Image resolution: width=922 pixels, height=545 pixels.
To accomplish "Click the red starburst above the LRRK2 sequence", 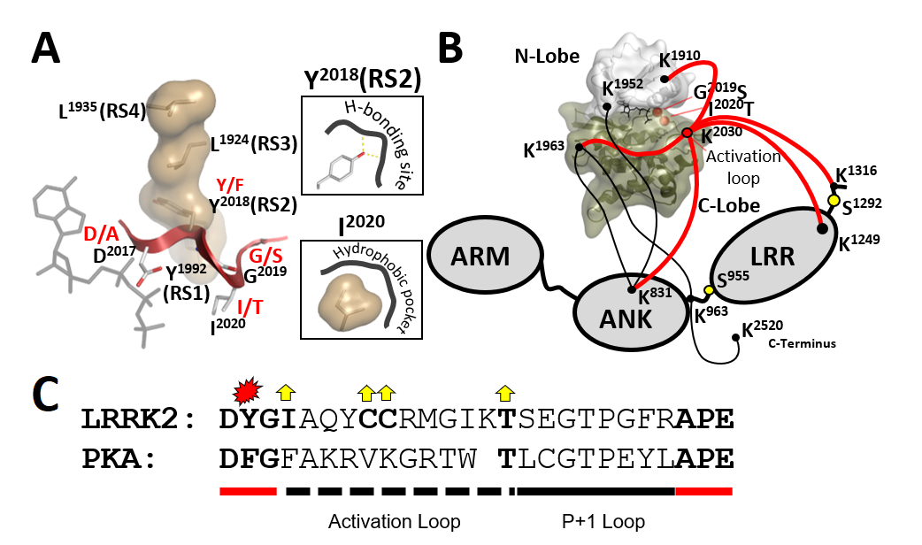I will coord(246,388).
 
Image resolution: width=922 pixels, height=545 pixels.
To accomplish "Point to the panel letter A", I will coord(46,49).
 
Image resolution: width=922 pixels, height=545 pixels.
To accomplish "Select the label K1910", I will coord(680,60).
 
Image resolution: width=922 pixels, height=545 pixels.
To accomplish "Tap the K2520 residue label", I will coord(762,329).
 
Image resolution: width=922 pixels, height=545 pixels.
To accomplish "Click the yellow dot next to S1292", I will coord(834,201).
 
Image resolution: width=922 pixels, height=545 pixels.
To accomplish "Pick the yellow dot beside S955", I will coord(708,289).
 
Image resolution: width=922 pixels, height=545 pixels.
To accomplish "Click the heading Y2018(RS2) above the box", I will coord(361,79).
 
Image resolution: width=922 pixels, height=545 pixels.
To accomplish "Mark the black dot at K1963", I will coord(578,147).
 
